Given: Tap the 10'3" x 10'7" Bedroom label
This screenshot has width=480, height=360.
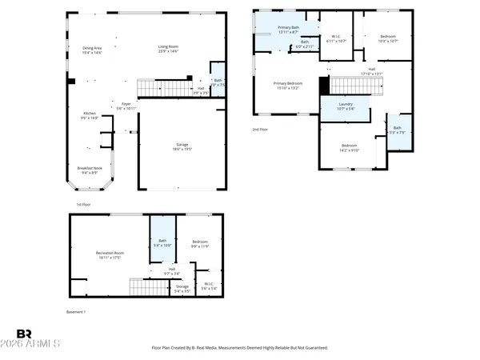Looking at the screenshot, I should tap(387, 38).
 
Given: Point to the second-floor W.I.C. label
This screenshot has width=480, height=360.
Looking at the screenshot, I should tap(336, 38).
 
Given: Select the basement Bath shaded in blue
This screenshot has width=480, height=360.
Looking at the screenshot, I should tap(162, 243).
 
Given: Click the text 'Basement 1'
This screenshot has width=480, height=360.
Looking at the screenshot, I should tap(75, 311).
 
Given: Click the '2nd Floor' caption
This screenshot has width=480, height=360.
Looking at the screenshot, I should tap(260, 129).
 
